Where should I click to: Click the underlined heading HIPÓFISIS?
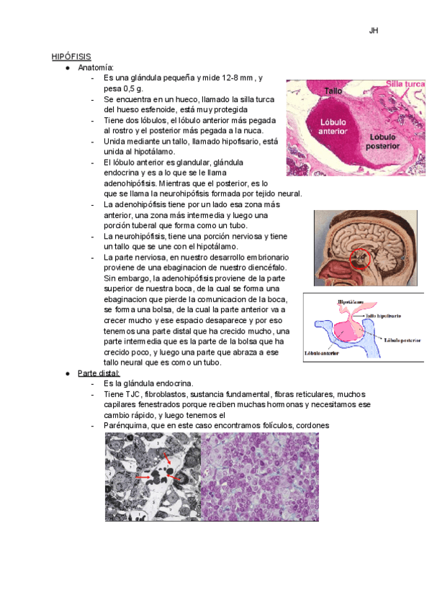click(x=71, y=56)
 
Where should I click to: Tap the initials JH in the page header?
click(x=373, y=31)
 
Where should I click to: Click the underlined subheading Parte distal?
click(x=99, y=374)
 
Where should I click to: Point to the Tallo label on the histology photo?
click(x=332, y=91)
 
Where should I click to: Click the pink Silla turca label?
click(x=405, y=85)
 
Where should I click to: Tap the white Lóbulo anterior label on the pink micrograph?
click(x=333, y=127)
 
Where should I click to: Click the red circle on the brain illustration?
click(x=360, y=260)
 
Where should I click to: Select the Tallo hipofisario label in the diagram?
click(x=384, y=315)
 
